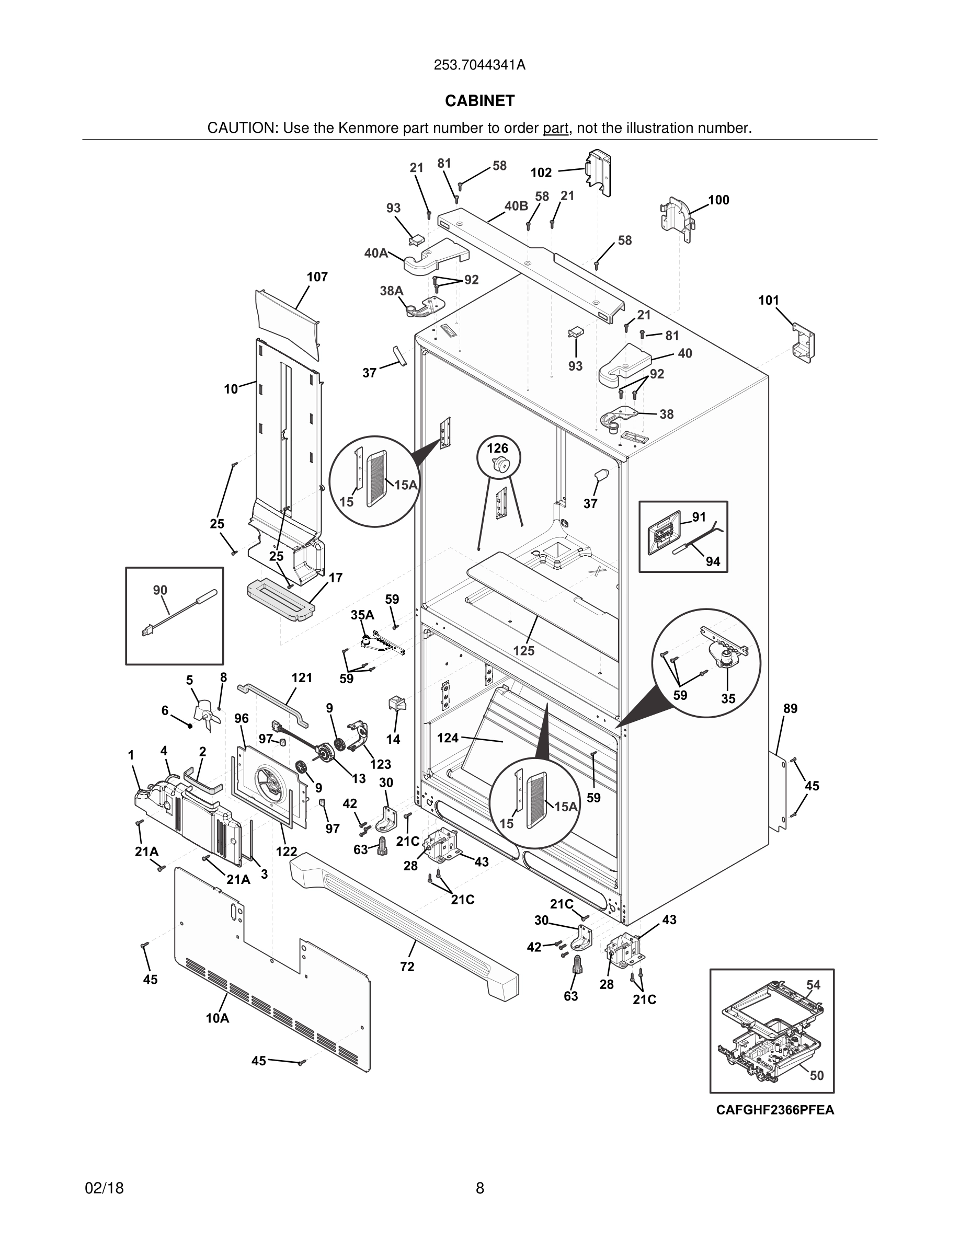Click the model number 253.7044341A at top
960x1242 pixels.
click(x=479, y=65)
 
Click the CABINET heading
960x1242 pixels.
click(x=479, y=101)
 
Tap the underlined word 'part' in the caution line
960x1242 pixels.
click(x=555, y=129)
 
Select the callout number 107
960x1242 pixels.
click(x=317, y=277)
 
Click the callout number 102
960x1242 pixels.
click(x=541, y=172)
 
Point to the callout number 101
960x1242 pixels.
click(x=768, y=300)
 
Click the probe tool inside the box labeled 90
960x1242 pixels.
click(x=179, y=613)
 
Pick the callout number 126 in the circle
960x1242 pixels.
click(x=498, y=448)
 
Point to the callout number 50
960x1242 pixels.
click(x=817, y=1075)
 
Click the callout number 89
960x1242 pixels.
click(x=790, y=709)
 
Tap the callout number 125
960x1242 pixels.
click(x=524, y=651)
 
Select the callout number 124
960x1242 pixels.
click(x=448, y=738)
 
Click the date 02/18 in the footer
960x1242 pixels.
click(x=104, y=1188)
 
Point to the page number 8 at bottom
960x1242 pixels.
click(x=479, y=1188)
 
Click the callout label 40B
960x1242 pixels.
click(x=517, y=206)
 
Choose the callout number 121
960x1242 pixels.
click(x=302, y=677)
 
